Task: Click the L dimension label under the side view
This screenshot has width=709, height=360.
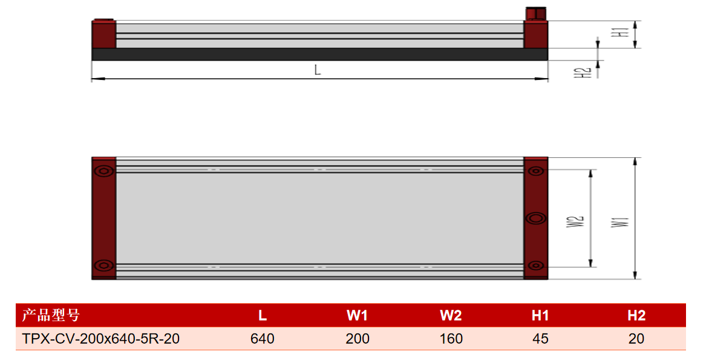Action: pyautogui.click(x=318, y=70)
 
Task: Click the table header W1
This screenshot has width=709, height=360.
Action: pyautogui.click(x=357, y=315)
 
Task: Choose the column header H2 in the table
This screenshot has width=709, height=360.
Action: pyautogui.click(x=636, y=315)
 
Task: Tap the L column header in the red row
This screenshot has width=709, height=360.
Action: pyautogui.click(x=263, y=315)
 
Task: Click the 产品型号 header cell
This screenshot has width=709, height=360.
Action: pyautogui.click(x=51, y=315)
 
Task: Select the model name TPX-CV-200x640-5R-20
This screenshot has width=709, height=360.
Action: pyautogui.click(x=101, y=339)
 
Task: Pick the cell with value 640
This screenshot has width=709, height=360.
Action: pyautogui.click(x=263, y=339)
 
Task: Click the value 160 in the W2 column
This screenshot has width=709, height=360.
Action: pyautogui.click(x=451, y=339)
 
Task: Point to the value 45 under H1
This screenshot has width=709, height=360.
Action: pyautogui.click(x=540, y=339)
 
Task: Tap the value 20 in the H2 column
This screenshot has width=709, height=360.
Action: pyautogui.click(x=636, y=339)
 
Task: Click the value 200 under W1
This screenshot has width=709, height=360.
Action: pyautogui.click(x=357, y=339)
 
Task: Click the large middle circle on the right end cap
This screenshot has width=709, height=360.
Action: pyautogui.click(x=536, y=218)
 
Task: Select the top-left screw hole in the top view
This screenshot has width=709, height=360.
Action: pyautogui.click(x=104, y=171)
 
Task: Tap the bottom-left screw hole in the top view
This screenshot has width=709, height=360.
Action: pyautogui.click(x=104, y=266)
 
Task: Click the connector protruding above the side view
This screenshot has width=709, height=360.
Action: pyautogui.click(x=536, y=13)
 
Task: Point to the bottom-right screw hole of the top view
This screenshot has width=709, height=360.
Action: pyautogui.click(x=536, y=266)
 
